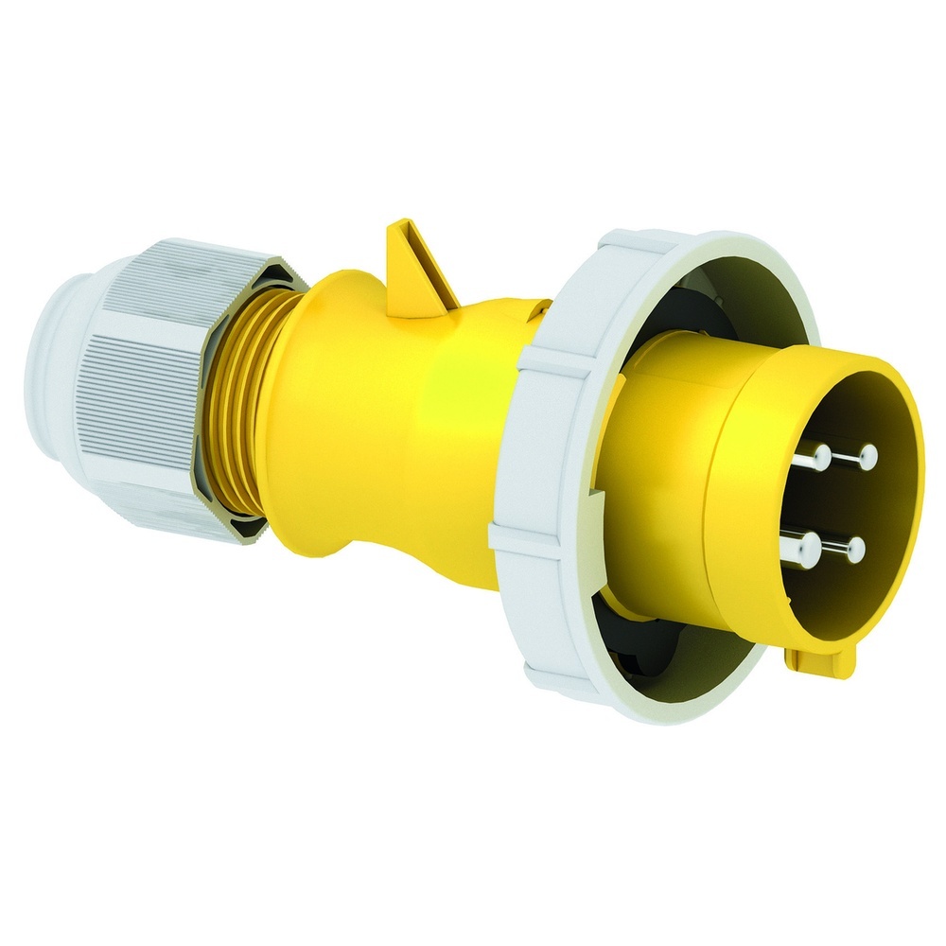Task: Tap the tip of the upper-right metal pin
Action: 867,458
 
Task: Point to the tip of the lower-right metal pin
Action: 857,548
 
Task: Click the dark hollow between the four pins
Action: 837,501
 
